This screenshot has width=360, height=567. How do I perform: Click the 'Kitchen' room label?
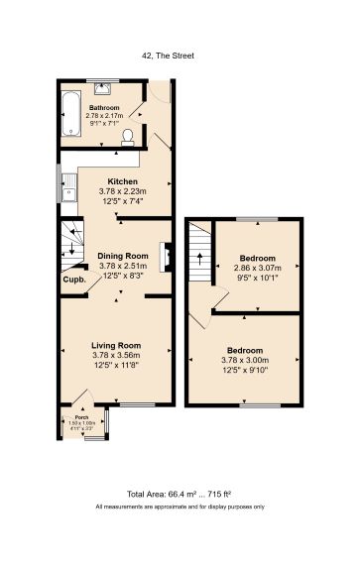tap(122, 181)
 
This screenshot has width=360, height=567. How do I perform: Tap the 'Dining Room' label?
tap(122, 256)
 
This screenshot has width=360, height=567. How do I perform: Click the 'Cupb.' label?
tap(74, 280)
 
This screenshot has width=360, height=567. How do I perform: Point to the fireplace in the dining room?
tap(168, 259)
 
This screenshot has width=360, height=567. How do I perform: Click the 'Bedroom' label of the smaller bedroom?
tap(264, 258)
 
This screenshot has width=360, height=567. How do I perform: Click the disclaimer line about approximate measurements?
tap(180, 507)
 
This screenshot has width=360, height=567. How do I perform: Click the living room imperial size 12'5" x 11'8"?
tap(117, 364)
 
